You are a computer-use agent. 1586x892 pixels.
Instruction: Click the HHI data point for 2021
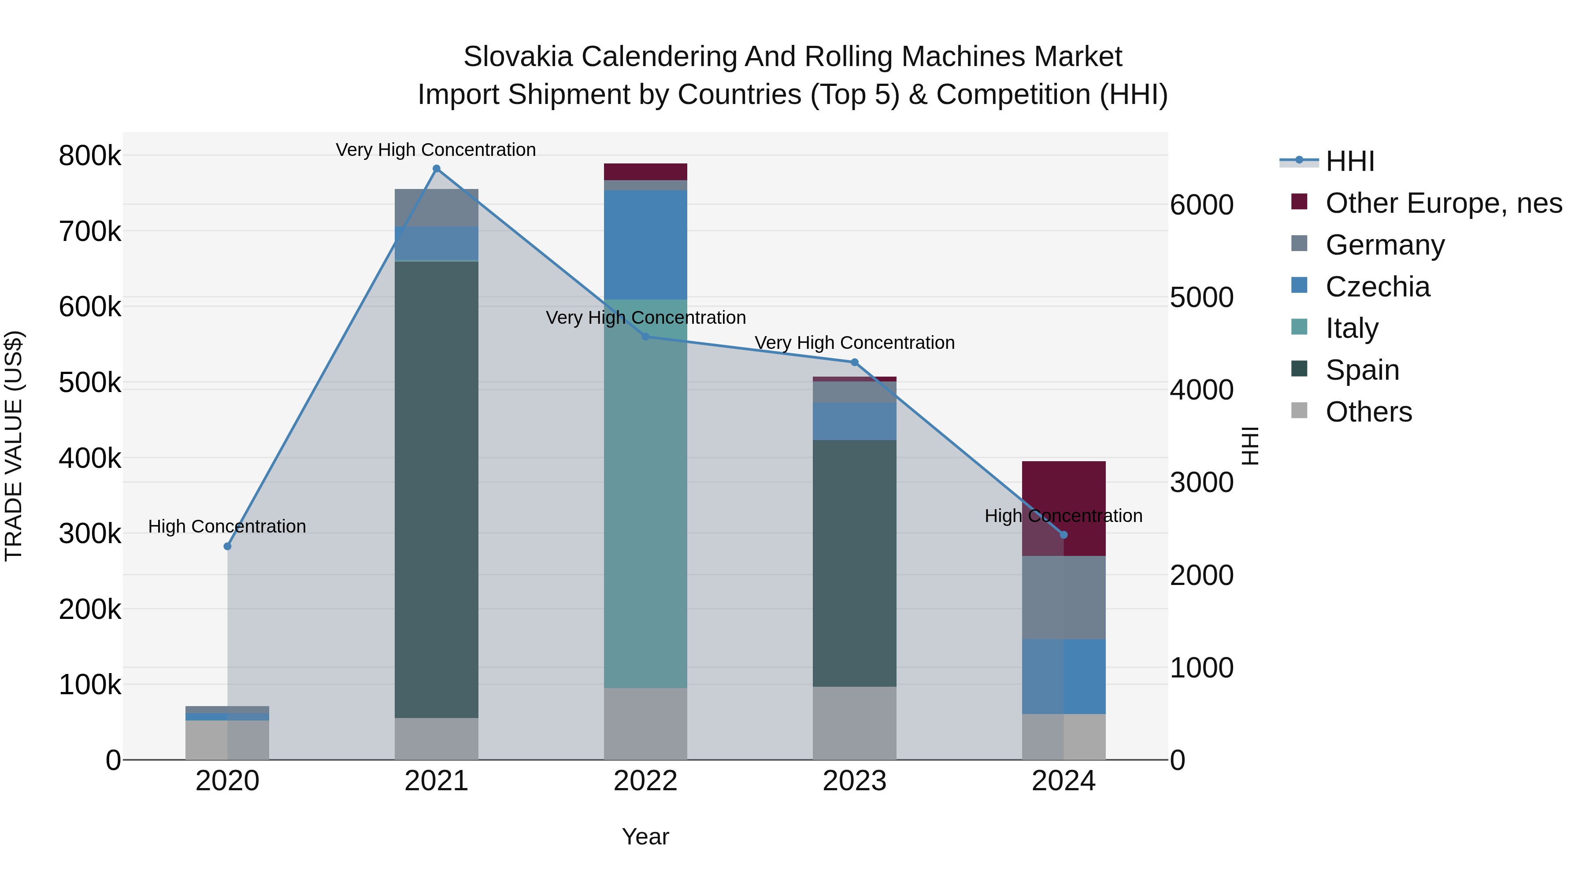point(437,169)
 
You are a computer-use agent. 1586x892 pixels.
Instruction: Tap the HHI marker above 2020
point(227,546)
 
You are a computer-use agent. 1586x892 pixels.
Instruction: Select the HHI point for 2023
point(855,363)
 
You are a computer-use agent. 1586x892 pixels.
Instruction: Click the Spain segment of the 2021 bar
point(437,489)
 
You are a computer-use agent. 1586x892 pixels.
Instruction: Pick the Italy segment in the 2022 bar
point(645,492)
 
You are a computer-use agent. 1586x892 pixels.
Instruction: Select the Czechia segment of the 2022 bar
point(645,245)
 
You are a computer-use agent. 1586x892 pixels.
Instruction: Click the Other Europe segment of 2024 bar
point(1064,492)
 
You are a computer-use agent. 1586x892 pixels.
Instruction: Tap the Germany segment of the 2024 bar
point(1064,597)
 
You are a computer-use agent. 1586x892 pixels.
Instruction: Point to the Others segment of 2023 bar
point(855,723)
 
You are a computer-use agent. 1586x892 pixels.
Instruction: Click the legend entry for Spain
point(1362,370)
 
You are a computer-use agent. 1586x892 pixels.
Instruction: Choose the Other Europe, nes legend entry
point(1443,203)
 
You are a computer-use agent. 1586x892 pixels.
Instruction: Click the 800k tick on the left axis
point(90,156)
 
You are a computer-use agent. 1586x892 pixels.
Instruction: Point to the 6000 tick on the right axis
point(1201,205)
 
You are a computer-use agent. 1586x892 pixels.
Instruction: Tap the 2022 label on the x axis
point(645,781)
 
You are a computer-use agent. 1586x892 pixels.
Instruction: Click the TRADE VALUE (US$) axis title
point(14,446)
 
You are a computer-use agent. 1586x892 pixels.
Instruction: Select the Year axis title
point(645,836)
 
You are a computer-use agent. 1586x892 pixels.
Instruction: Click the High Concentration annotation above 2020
point(227,526)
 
